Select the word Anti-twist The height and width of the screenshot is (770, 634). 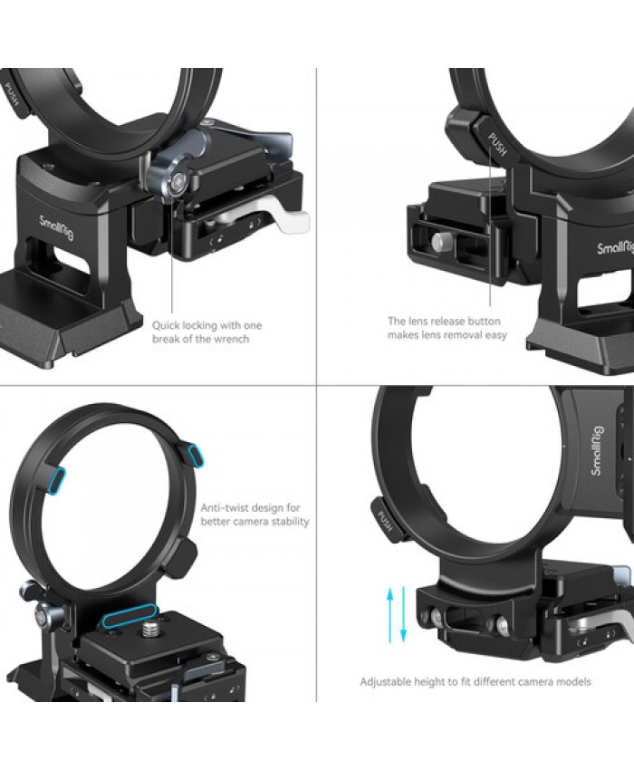coord(224,507)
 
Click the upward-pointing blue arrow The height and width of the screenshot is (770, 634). coord(390,616)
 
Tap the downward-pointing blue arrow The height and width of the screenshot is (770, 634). coord(403,614)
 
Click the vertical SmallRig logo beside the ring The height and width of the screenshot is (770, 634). coord(597,451)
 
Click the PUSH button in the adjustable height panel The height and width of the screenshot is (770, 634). coord(387,521)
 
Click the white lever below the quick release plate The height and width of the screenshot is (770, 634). coord(289,219)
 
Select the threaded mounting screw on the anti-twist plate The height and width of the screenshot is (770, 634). coord(149,627)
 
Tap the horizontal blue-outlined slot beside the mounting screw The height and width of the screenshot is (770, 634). coord(130,616)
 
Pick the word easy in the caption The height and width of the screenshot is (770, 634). coord(495,335)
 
